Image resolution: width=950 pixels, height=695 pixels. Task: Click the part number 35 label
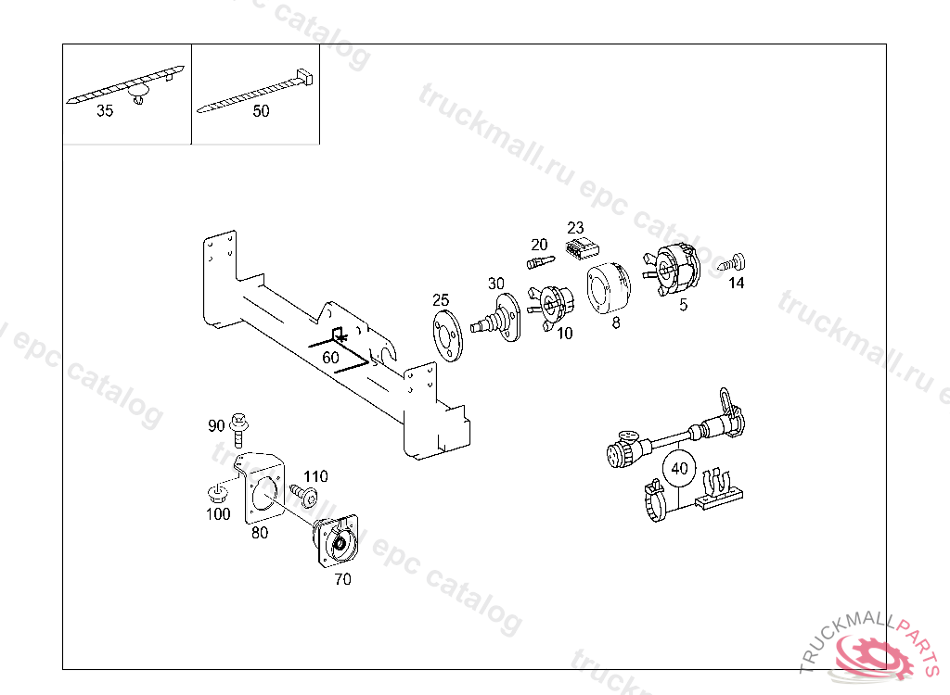coord(105,111)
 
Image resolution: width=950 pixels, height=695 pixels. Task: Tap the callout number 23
coord(576,227)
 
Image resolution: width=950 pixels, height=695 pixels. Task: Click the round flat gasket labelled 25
coord(447,334)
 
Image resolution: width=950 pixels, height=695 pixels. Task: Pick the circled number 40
coord(680,468)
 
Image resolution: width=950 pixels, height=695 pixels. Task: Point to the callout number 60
coord(330,357)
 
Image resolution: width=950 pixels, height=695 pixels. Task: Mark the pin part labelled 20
coord(538,261)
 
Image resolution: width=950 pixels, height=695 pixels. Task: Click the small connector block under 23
coord(582,248)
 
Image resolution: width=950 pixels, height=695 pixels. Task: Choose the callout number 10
coord(565,333)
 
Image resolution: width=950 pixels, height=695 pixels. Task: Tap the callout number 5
coord(683,304)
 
